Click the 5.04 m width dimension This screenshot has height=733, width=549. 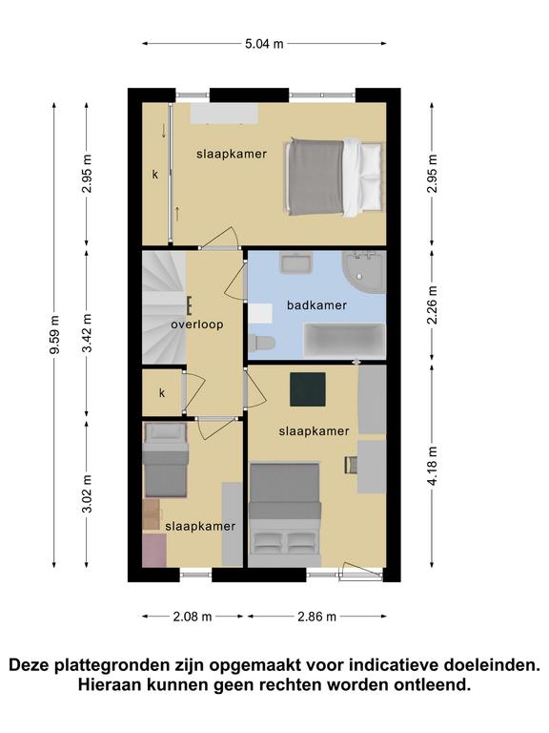[x=264, y=44]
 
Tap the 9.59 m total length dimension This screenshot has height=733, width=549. [x=54, y=335]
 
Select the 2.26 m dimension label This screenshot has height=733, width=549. [x=433, y=304]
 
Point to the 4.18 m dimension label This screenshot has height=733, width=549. [x=433, y=466]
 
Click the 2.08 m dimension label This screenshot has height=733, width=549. [x=193, y=617]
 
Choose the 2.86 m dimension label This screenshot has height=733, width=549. [x=317, y=617]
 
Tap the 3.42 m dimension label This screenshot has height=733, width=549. [x=87, y=333]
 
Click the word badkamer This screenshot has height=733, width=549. [x=317, y=305]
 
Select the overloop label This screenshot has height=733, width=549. [x=197, y=325]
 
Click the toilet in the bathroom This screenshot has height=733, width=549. [x=261, y=343]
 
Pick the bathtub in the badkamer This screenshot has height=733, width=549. [x=344, y=341]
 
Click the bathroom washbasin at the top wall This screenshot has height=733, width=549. [x=295, y=263]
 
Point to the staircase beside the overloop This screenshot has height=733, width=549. [x=164, y=307]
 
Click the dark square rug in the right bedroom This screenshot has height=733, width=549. [x=308, y=389]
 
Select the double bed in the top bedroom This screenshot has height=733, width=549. [x=335, y=178]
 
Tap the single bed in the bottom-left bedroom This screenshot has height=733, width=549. [x=166, y=460]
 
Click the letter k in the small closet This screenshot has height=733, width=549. [x=162, y=392]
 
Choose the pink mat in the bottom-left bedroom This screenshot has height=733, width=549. [x=154, y=551]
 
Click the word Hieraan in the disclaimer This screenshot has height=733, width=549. [x=110, y=685]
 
